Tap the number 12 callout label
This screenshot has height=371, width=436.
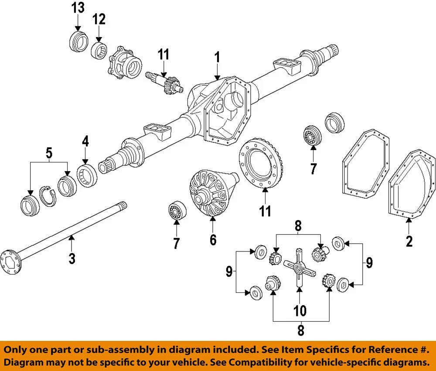click(x=99, y=19)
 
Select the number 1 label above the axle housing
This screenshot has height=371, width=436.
click(x=217, y=57)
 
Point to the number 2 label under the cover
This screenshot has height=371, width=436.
click(x=409, y=241)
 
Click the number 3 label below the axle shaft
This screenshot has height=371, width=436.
click(x=72, y=258)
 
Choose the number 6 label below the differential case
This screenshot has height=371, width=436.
click(x=213, y=240)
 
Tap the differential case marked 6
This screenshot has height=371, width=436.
click(x=211, y=193)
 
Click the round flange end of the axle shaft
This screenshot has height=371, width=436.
click(x=10, y=262)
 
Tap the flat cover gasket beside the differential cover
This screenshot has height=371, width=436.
click(x=365, y=164)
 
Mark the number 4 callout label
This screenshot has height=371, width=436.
click(x=85, y=141)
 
